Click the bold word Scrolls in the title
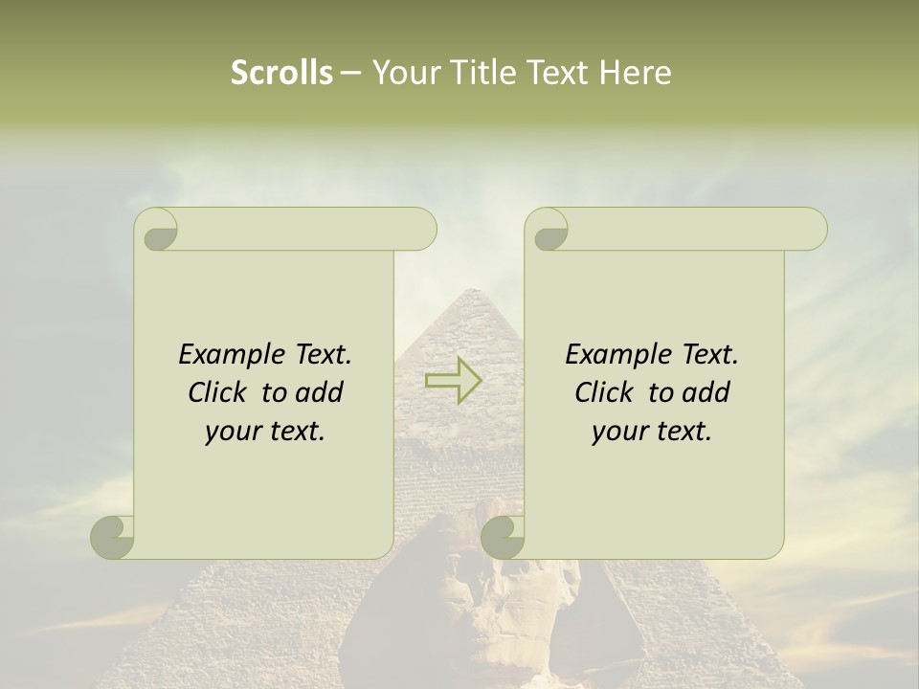click(281, 73)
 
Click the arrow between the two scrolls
click(453, 381)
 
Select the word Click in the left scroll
click(219, 392)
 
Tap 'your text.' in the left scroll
click(265, 432)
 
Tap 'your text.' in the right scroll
click(652, 432)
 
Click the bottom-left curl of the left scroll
click(113, 536)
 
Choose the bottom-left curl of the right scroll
click(503, 536)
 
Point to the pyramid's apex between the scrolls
click(466, 292)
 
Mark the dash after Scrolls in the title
click(350, 74)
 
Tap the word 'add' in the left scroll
click(320, 392)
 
